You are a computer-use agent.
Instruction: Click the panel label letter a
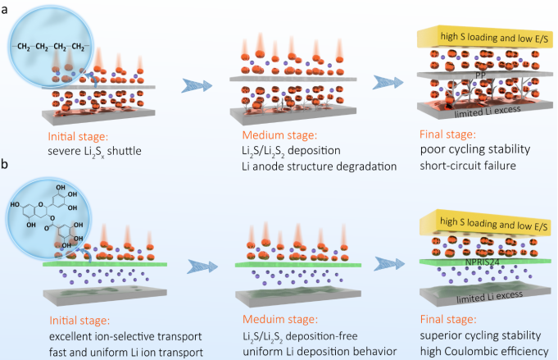7,7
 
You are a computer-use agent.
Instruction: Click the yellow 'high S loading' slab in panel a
483,36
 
